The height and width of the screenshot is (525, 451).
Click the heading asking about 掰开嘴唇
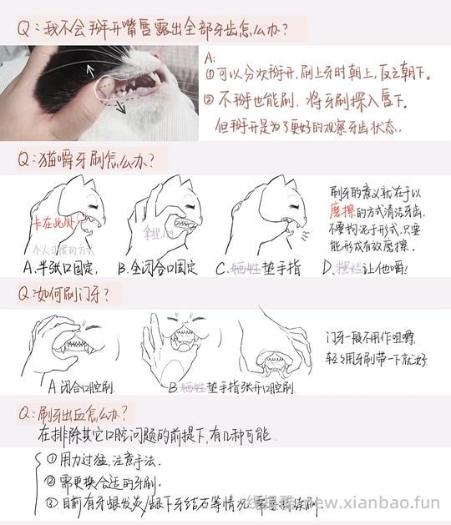(154, 30)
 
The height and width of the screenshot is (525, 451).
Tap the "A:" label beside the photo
(210, 58)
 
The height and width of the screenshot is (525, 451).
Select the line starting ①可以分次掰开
(318, 74)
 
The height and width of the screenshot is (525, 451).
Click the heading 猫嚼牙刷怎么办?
(92, 159)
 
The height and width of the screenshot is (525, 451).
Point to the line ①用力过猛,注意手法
(104, 460)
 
